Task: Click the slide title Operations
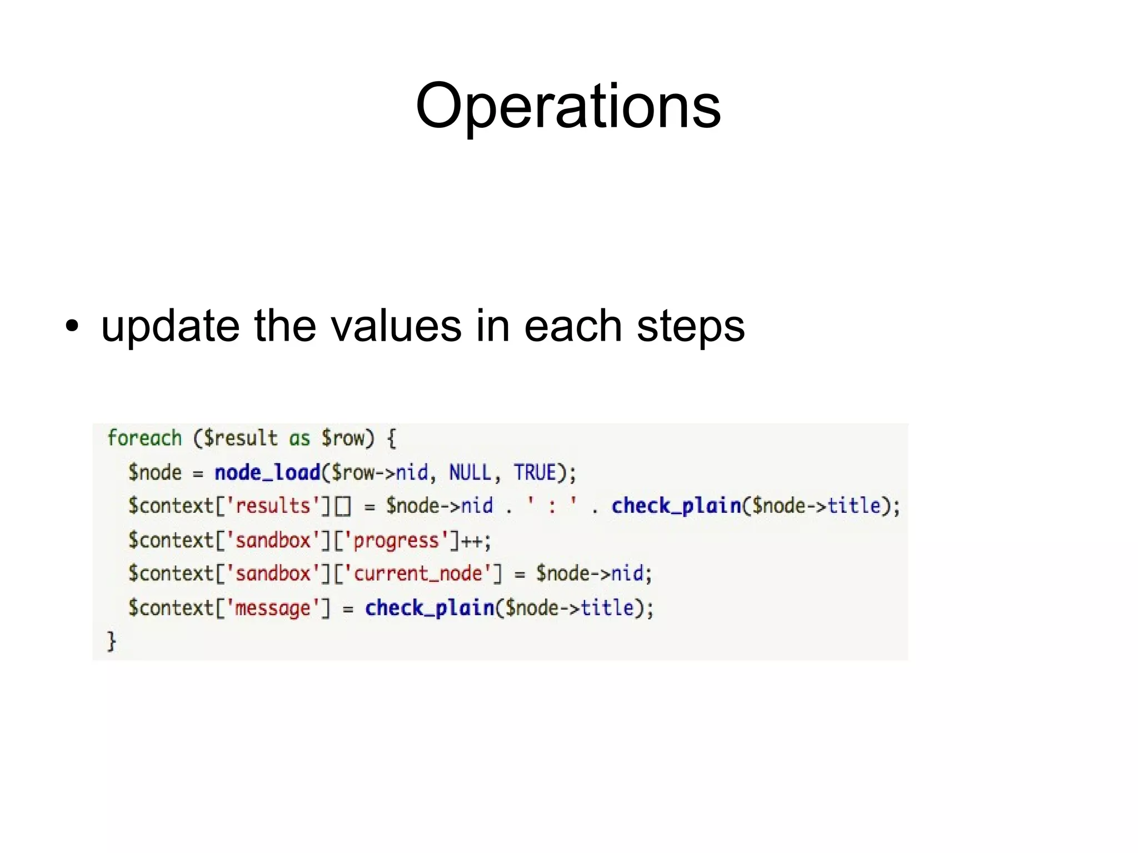(x=568, y=106)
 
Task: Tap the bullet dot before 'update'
(x=72, y=326)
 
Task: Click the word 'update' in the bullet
(x=170, y=326)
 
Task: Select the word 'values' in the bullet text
(x=396, y=326)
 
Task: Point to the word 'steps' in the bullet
(x=690, y=326)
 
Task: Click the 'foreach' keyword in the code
(x=144, y=438)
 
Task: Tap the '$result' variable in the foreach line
(x=240, y=438)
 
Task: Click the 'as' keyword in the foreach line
(x=299, y=438)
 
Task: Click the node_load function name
(x=267, y=473)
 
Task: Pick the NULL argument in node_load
(x=470, y=473)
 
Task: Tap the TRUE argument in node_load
(x=535, y=473)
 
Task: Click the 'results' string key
(x=273, y=506)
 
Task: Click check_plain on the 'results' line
(x=676, y=506)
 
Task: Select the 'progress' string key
(x=396, y=540)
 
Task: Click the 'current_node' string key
(x=418, y=573)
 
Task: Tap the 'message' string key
(x=272, y=608)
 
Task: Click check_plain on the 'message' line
(x=429, y=608)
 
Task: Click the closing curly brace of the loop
(x=112, y=641)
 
